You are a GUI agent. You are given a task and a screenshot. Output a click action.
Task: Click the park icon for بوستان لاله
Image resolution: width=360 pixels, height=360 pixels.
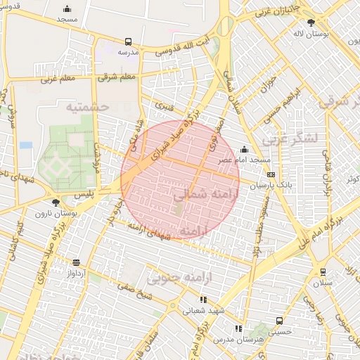point(311,23)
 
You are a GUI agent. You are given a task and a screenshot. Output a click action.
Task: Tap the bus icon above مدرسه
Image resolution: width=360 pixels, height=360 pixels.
point(128,42)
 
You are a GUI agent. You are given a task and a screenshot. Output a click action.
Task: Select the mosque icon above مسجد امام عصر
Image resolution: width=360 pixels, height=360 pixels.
point(244,149)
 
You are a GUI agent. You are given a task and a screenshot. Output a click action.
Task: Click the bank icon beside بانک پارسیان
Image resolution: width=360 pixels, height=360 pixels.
point(271,175)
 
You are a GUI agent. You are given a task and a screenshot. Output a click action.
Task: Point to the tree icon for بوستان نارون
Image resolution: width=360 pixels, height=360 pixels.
point(56,202)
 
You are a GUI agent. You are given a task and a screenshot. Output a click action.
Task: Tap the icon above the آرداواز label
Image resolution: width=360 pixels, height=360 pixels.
point(76,262)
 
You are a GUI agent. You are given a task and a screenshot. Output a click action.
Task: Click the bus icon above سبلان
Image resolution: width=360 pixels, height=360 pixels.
point(323,272)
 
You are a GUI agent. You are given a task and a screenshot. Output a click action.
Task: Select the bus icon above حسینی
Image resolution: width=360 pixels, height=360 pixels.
point(280,321)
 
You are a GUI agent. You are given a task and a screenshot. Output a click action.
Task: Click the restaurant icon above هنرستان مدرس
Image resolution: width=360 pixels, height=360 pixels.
point(238,328)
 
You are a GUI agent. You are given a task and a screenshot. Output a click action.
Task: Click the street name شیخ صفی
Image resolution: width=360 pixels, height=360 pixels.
point(136,291)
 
